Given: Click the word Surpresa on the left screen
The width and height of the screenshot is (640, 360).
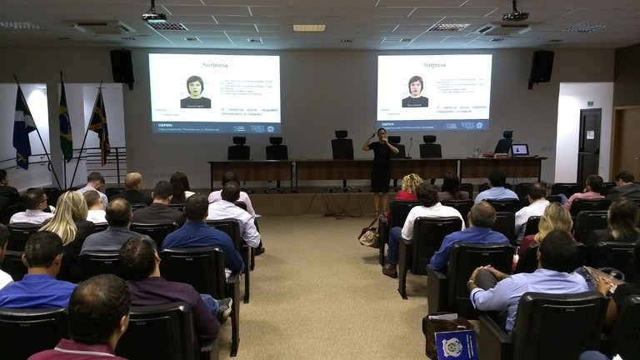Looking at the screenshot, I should point(214,64).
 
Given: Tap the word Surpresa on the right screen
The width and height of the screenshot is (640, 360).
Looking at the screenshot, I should point(434,64).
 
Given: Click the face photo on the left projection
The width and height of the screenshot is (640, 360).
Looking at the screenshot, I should point(195,91).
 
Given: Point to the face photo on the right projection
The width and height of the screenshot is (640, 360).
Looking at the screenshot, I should point(415,91).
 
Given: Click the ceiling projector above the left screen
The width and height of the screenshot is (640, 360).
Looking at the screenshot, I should point(154,15).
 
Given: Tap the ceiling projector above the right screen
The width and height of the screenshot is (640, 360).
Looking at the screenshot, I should point(516,14).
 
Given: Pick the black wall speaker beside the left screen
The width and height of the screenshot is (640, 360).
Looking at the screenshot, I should point(122,67).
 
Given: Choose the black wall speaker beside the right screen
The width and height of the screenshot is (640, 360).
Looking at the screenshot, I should point(541,67).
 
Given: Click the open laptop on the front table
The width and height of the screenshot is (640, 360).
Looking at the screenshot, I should point(520,150).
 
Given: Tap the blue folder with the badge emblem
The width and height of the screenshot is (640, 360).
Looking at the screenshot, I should point(457,343).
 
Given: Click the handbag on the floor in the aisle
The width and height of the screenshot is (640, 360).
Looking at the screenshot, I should point(369,233).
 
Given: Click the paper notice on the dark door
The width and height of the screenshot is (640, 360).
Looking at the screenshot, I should point(589,133).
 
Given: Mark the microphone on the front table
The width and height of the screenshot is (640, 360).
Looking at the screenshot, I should point(410,148).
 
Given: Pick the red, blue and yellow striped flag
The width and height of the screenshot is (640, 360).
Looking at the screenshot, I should point(99,127).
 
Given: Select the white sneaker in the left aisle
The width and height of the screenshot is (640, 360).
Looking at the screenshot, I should point(224,309).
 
